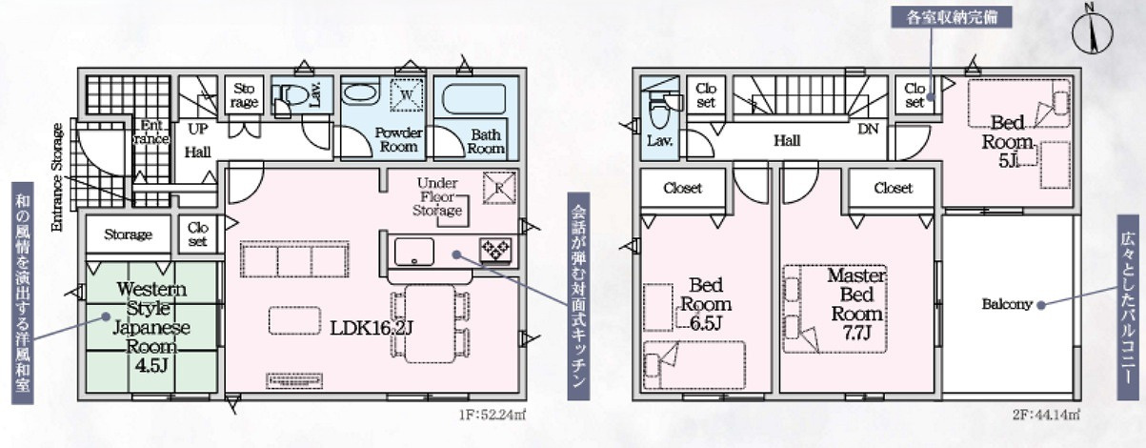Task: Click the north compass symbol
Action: [x=1092, y=30]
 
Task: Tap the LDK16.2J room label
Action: [x=371, y=328]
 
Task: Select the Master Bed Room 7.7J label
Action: [x=856, y=304]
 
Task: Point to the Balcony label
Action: [x=1006, y=304]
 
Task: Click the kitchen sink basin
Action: [x=413, y=252]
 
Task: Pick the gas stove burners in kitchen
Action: [x=494, y=251]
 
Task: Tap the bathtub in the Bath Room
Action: [x=473, y=98]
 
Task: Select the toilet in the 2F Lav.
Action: [x=660, y=112]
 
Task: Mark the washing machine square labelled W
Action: [x=407, y=94]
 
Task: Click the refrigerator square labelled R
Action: [x=499, y=188]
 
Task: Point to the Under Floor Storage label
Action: [x=437, y=196]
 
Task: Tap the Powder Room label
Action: [x=398, y=140]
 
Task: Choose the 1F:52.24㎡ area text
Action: [x=493, y=415]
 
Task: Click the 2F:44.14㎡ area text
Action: [x=1046, y=415]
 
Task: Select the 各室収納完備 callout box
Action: [x=952, y=17]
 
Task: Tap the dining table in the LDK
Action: [x=430, y=323]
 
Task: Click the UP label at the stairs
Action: [x=198, y=129]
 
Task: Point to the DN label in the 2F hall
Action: [x=868, y=129]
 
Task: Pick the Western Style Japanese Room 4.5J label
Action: [x=151, y=328]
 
